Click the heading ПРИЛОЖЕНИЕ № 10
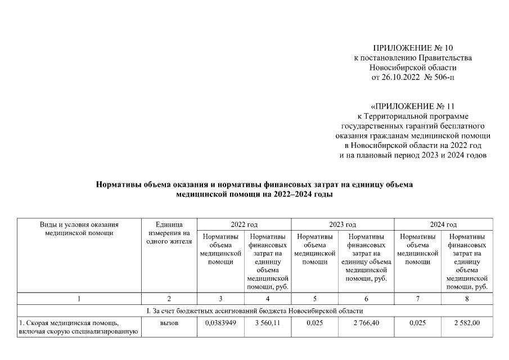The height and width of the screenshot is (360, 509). point(413,48)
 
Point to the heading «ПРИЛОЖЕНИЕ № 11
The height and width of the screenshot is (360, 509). point(413,106)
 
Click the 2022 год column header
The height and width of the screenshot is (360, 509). point(244,224)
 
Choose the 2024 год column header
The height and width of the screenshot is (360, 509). point(443,224)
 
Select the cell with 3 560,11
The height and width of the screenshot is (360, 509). point(268,323)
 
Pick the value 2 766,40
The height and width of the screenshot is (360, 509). point(366,323)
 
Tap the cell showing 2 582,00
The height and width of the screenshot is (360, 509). point(467,323)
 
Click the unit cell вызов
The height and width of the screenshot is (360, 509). point(169,323)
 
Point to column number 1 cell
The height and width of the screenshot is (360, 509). point(79,299)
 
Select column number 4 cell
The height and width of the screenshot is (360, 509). point(268,299)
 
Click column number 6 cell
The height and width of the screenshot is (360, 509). point(366,299)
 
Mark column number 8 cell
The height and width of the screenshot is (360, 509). point(467,299)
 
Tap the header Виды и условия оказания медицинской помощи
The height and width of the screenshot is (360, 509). point(79,228)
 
